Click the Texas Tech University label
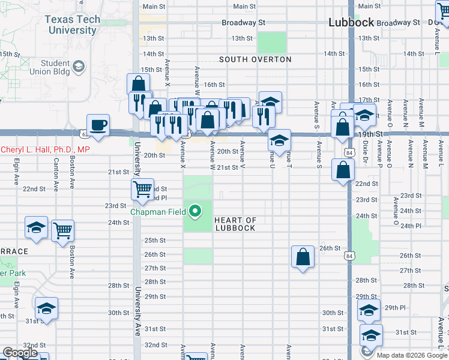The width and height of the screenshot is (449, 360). [72, 25]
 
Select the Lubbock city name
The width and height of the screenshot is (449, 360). [351, 22]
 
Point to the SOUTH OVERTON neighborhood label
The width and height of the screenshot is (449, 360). [255, 59]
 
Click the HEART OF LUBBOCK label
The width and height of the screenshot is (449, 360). [235, 224]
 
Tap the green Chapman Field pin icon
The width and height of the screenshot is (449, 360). [194, 211]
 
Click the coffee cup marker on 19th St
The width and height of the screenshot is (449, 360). [98, 124]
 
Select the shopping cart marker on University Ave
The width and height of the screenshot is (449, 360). [143, 189]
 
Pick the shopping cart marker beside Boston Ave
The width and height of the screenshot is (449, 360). [62, 229]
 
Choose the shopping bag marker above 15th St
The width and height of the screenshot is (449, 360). [138, 83]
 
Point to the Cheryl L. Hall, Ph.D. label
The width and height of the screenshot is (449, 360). [45, 149]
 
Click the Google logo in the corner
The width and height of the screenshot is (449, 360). [20, 353]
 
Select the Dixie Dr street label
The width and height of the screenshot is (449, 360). [364, 152]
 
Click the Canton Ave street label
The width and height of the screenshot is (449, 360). [56, 175]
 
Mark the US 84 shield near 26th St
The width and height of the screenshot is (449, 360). [349, 256]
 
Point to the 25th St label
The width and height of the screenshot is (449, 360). [155, 240]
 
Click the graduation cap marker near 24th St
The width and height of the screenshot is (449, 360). [36, 227]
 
